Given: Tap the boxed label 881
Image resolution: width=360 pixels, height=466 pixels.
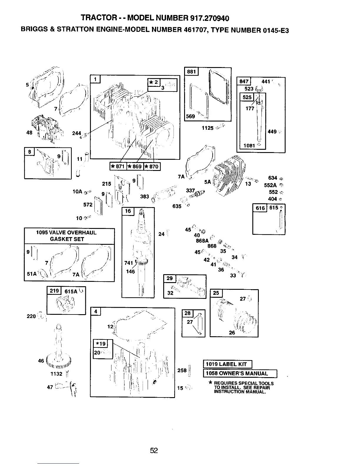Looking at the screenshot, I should click(191, 72).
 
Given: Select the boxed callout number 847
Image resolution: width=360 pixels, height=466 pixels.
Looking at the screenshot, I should click(244, 81).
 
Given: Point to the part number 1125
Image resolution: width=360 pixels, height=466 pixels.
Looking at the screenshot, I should click(208, 128).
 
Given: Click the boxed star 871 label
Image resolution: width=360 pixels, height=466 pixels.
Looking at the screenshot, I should click(118, 167).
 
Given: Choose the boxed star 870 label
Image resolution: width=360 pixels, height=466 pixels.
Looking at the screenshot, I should click(152, 167).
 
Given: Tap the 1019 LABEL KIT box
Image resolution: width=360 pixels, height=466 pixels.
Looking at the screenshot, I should click(227, 364).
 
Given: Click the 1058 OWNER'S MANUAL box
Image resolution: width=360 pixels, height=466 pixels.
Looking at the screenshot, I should click(240, 374).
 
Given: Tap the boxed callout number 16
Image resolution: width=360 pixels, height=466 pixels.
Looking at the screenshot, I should click(128, 211).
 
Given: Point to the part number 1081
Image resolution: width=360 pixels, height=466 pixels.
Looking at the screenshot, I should click(249, 145).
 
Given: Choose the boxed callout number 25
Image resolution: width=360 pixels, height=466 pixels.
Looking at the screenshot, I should click(216, 293).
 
